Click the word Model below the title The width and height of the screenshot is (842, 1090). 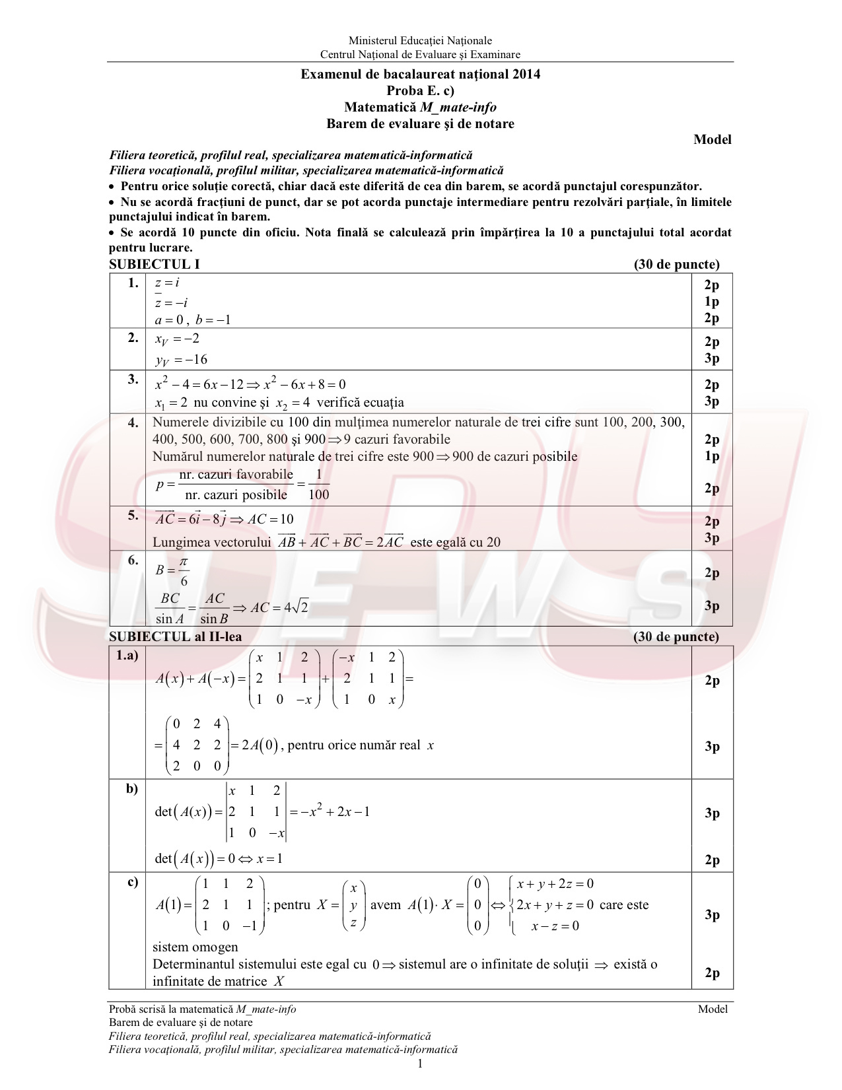[712, 139]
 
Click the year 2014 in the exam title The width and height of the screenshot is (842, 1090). [526, 74]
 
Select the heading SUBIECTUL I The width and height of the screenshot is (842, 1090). [154, 264]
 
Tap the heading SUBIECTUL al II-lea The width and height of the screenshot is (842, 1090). [175, 636]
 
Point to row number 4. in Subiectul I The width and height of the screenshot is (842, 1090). [133, 423]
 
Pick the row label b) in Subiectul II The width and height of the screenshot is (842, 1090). [132, 788]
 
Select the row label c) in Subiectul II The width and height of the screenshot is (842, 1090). [133, 882]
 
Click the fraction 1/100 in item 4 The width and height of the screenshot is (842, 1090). [318, 485]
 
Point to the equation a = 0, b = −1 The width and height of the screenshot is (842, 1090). [192, 320]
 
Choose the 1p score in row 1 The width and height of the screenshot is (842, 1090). [711, 302]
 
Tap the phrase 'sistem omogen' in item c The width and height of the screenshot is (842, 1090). [195, 947]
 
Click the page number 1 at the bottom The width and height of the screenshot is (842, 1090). [420, 1063]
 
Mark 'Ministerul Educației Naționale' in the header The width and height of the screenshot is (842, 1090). [420, 41]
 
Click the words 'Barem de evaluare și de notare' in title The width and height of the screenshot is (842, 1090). [420, 123]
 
